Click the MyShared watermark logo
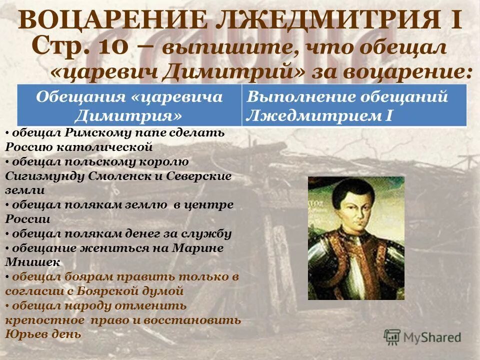coord(423,336)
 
